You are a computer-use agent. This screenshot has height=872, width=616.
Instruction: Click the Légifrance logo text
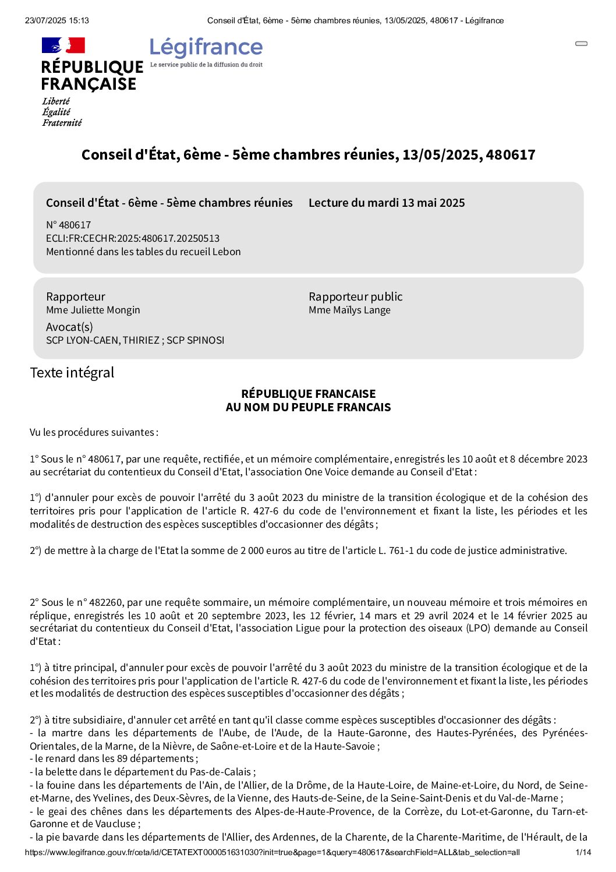(x=206, y=47)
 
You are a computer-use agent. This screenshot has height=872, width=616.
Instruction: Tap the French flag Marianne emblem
(x=63, y=45)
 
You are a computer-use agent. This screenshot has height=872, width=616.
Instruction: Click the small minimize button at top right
(x=581, y=44)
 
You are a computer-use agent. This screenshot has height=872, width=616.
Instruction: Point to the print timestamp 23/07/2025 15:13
(x=57, y=20)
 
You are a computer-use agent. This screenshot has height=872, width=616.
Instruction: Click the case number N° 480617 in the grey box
(x=69, y=225)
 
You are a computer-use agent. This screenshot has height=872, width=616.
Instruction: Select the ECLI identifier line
(x=133, y=238)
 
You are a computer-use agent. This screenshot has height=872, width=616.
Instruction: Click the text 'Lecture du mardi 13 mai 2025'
(x=387, y=203)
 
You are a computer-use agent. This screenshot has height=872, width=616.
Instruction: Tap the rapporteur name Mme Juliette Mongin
(x=93, y=310)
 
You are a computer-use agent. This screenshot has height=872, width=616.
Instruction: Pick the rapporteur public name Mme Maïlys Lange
(x=349, y=310)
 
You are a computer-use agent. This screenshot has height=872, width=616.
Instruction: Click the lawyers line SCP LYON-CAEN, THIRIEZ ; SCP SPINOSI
(x=135, y=340)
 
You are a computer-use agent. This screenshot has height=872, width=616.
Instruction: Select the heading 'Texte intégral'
(x=72, y=373)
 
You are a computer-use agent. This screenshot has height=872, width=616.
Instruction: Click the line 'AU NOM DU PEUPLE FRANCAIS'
(x=308, y=407)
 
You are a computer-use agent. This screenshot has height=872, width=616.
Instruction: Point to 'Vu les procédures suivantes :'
(x=94, y=432)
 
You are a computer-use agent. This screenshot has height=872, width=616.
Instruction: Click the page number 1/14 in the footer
(x=583, y=852)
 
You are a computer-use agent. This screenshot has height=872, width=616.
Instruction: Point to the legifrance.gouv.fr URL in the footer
(x=272, y=852)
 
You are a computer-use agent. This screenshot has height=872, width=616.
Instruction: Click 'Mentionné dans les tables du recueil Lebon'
(x=143, y=252)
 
